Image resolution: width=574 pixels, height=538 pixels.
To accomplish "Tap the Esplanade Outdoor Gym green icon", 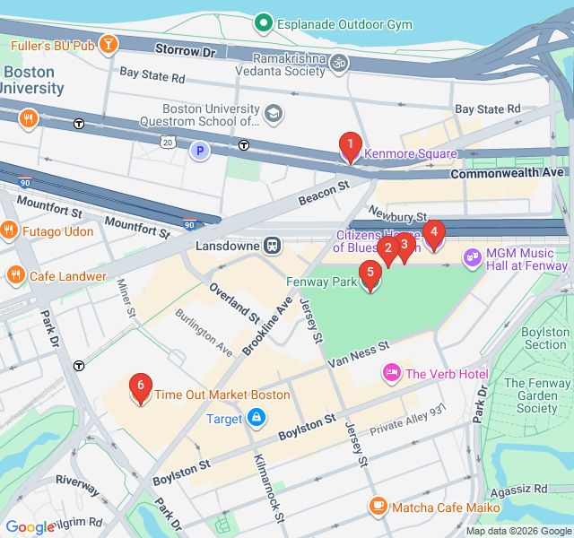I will pyautogui.click(x=263, y=22).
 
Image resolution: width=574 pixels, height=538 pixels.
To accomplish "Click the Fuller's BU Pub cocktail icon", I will pyautogui.click(x=108, y=44).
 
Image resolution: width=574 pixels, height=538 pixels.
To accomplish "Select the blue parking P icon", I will pyautogui.click(x=199, y=151).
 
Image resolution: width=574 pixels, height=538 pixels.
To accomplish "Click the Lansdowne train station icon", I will pyautogui.click(x=272, y=246).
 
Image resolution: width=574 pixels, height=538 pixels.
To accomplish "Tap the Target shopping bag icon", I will pyautogui.click(x=257, y=418).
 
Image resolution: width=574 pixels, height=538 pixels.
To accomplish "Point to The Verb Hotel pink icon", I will pyautogui.click(x=391, y=373).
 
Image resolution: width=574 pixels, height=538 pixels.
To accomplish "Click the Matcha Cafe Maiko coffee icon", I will pyautogui.click(x=378, y=507).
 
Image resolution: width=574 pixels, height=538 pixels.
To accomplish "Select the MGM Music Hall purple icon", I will pyautogui.click(x=473, y=258).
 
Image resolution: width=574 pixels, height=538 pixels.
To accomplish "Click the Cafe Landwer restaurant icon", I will pyautogui.click(x=15, y=275).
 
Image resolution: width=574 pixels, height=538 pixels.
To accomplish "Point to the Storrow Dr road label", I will pyautogui.click(x=186, y=52).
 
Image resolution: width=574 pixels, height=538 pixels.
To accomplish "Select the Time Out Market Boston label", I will pyautogui.click(x=222, y=395).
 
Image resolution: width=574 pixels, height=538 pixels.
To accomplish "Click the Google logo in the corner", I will pyautogui.click(x=30, y=527).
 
